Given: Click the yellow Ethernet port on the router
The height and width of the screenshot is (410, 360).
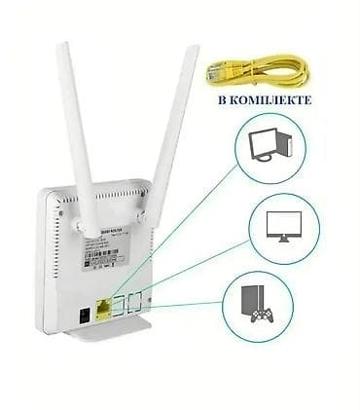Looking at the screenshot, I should [104, 311].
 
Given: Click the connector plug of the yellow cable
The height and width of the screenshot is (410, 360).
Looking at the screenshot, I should [215, 71].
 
